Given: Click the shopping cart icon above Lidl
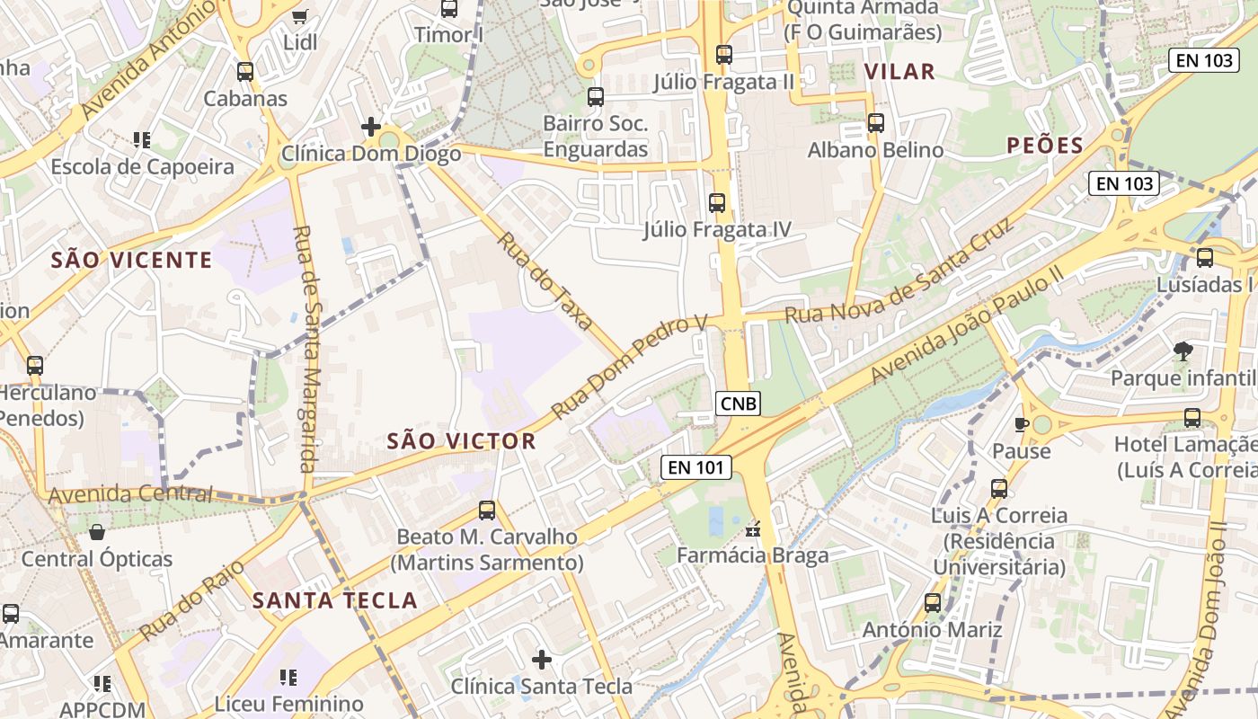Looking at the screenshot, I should [x=300, y=15].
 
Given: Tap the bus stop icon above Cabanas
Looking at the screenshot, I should [x=244, y=72].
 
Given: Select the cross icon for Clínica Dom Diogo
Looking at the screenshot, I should [x=370, y=127].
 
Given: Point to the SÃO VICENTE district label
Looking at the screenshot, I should [x=131, y=261].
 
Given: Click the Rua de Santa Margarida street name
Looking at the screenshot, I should [x=307, y=349].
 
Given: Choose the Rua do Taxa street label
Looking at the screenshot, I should [x=545, y=281].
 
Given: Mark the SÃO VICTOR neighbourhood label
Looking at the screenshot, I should [x=461, y=441].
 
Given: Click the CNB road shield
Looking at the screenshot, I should [x=739, y=404].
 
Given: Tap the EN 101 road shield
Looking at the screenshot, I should [x=696, y=467].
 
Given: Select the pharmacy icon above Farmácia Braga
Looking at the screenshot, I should [x=753, y=529].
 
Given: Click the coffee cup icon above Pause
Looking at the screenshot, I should [x=1021, y=423].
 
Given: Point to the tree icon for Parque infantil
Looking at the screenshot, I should [x=1183, y=351].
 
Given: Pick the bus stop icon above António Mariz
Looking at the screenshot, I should [x=932, y=603].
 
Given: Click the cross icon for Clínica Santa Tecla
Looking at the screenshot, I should [x=542, y=660].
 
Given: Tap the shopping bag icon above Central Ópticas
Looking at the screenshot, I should [x=96, y=532].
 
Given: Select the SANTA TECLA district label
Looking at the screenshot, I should [x=334, y=600].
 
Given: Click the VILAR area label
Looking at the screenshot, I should [x=899, y=72].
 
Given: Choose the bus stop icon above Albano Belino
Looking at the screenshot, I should [x=876, y=123].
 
